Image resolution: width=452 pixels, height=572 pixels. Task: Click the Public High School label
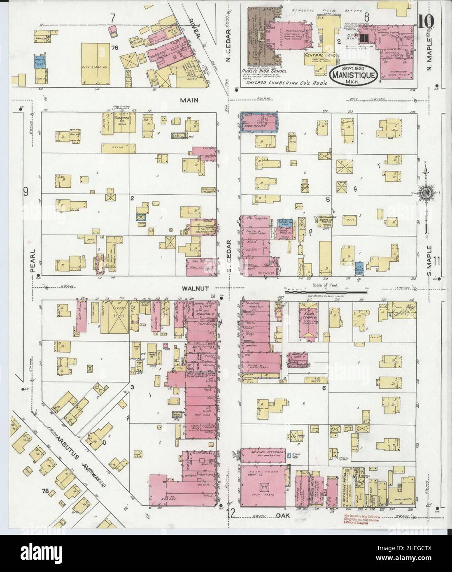tap(258, 70)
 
